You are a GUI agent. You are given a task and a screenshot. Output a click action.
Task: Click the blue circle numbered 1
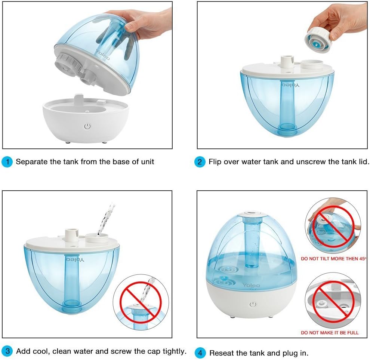(7, 162)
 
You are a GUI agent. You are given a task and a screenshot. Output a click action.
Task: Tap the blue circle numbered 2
(200, 162)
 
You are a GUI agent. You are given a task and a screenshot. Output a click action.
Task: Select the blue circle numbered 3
(7, 351)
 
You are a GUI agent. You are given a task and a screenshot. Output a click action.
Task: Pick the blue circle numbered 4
(201, 353)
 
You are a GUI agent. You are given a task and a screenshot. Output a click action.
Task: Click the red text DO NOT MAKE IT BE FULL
(329, 333)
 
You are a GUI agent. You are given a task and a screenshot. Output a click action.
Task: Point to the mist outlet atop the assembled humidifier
(250, 214)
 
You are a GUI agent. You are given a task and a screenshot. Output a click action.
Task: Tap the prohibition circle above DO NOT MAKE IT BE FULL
(333, 301)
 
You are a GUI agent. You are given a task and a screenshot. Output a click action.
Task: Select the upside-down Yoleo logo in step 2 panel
(290, 85)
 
